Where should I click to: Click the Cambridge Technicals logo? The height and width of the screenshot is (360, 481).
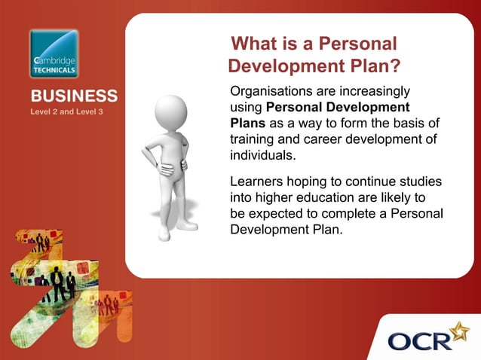point(54,53)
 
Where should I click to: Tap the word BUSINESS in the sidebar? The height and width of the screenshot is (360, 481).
point(74,96)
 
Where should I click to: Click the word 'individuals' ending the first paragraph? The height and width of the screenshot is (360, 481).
point(262,156)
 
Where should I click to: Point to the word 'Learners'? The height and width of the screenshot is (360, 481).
point(256,182)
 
